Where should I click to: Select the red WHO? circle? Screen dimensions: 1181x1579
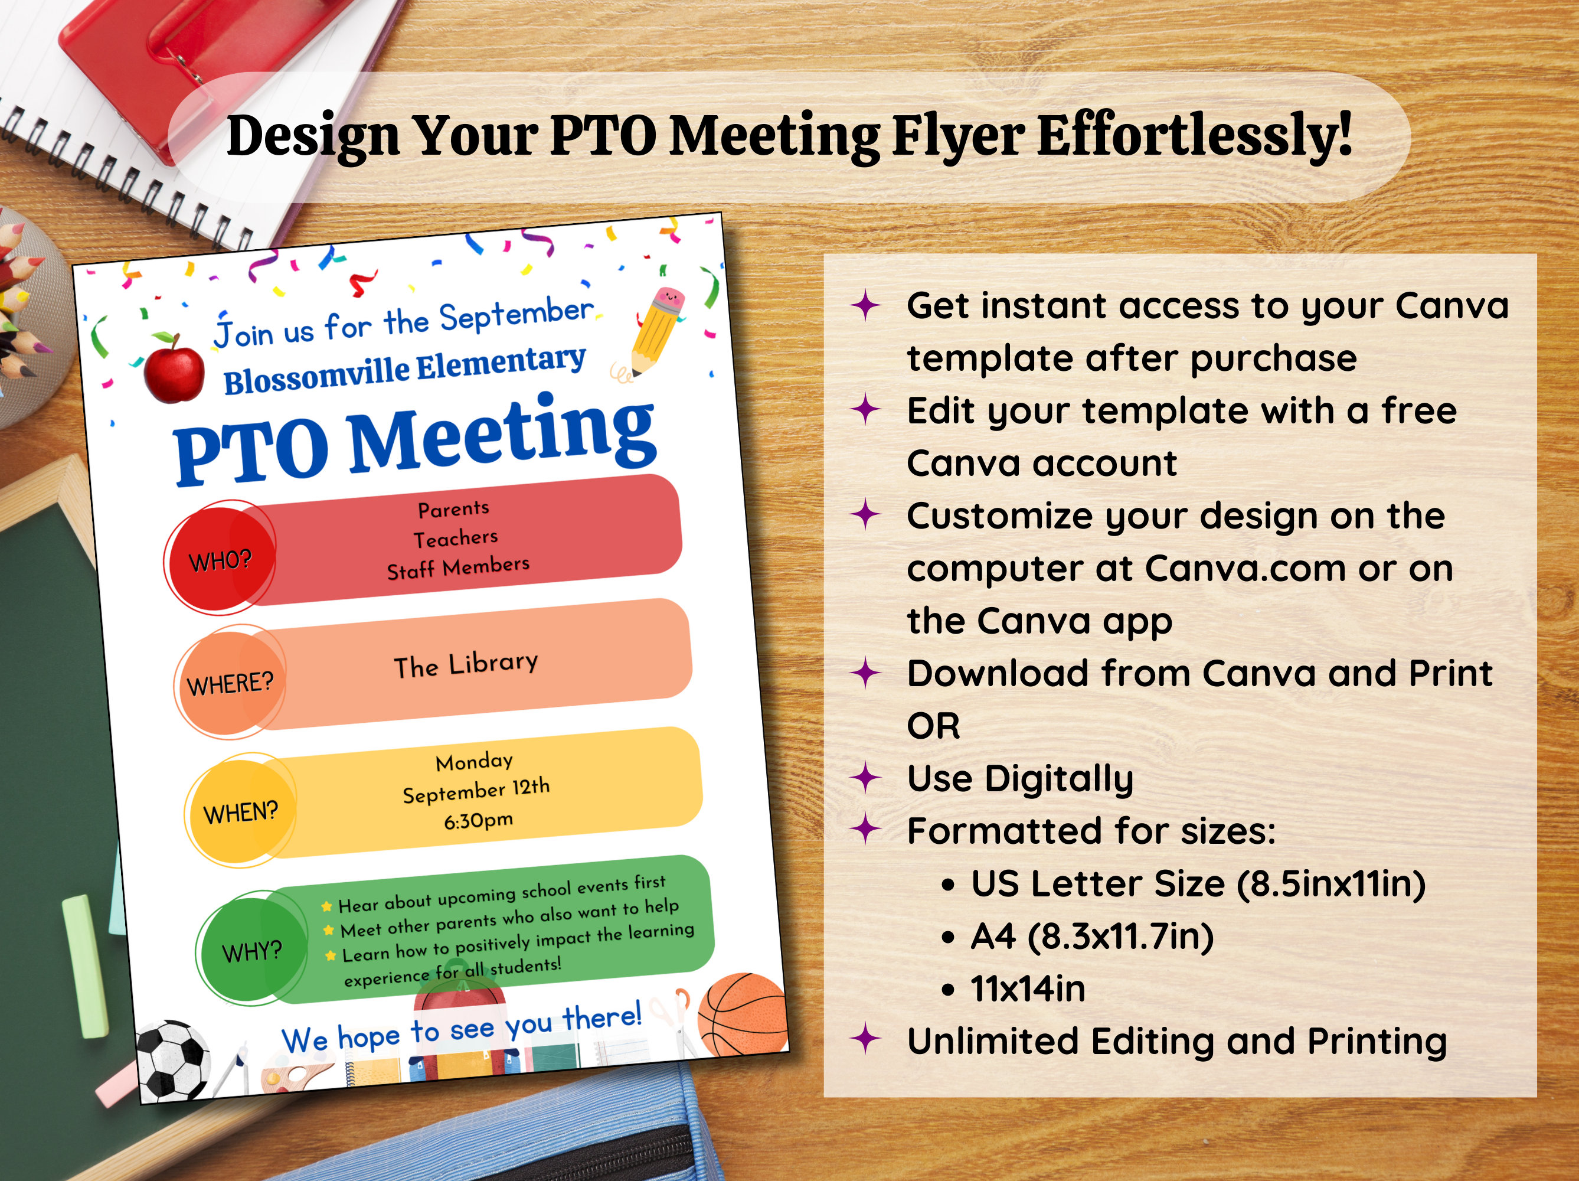click(x=220, y=557)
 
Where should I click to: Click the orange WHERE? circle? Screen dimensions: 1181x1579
click(x=230, y=682)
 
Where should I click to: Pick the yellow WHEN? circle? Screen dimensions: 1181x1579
click(x=241, y=810)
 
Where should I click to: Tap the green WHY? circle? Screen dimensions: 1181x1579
click(x=251, y=950)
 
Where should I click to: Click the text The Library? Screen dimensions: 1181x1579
click(x=466, y=665)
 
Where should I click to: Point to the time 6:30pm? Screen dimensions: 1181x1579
click(x=478, y=820)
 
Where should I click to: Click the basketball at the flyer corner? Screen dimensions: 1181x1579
click(x=743, y=1014)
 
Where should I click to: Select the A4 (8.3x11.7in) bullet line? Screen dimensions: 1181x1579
click(x=1091, y=936)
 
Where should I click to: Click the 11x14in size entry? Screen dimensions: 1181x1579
click(x=1027, y=989)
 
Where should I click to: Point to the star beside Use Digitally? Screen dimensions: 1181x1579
click(x=866, y=778)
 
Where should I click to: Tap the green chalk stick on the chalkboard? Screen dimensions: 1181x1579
click(x=85, y=964)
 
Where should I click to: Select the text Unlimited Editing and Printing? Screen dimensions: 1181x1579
click(x=1176, y=1041)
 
